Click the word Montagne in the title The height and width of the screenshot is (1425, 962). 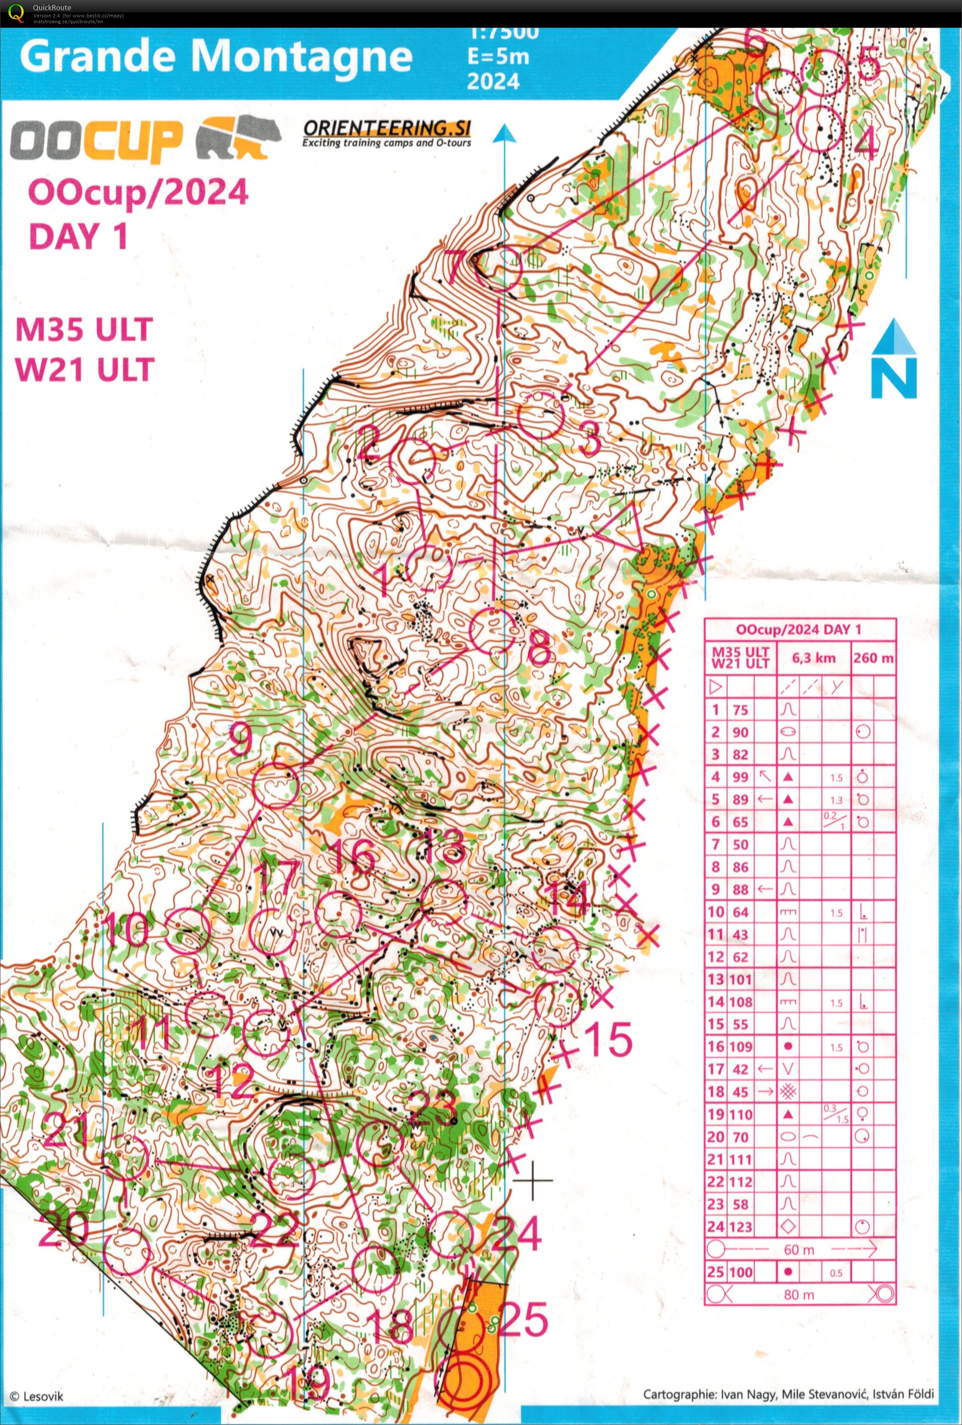301,56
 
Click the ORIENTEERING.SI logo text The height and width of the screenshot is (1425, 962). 386,128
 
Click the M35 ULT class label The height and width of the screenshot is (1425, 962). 83,330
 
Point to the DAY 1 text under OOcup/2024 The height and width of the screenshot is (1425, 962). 78,236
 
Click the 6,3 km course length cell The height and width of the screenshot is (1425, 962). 813,658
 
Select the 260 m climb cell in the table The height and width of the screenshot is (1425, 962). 873,658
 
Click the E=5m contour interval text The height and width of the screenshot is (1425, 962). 498,56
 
